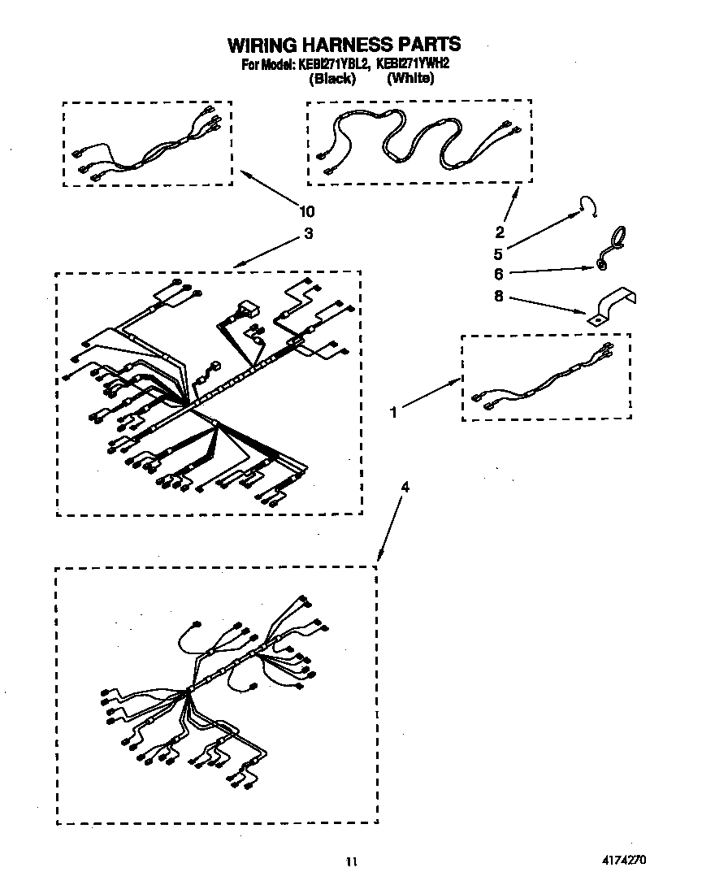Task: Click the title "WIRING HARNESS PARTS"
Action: (344, 44)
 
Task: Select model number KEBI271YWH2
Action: (414, 65)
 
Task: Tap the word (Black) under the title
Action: (332, 79)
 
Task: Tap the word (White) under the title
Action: (410, 79)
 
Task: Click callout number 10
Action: (306, 212)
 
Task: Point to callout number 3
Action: (308, 234)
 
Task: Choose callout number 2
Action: (500, 232)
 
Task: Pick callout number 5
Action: (500, 252)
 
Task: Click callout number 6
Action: (500, 275)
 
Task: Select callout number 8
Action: (500, 297)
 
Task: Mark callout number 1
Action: (393, 412)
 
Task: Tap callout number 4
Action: (405, 488)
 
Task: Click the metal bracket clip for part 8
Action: (613, 308)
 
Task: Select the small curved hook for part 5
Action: (590, 206)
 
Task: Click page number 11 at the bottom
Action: (351, 861)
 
